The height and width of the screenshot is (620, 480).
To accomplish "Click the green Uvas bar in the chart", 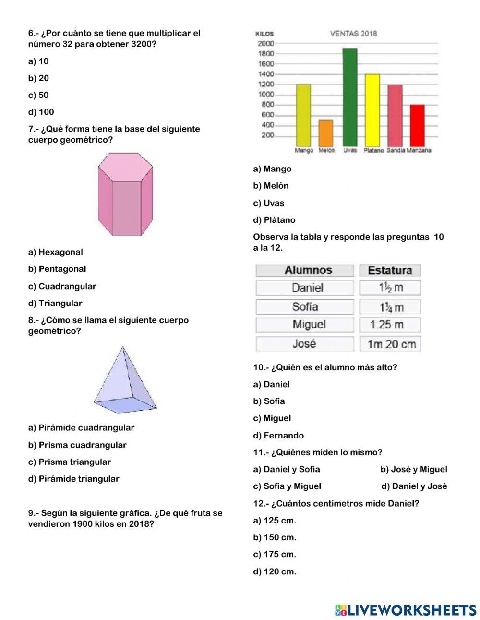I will pos(349,97).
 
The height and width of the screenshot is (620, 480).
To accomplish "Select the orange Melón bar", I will pos(326,133).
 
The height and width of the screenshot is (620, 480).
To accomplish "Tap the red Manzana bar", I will pos(417,125).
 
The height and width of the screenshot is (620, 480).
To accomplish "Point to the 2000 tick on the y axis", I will pos(265,44).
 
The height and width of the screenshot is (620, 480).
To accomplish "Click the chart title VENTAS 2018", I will pos(353,34).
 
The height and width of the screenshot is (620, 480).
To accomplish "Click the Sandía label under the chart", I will pos(396,150).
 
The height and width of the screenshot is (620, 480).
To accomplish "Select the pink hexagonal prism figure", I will pos(125,195).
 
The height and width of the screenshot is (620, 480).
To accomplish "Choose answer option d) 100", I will pos(41,112).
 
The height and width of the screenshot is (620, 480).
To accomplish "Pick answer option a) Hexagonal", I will pos(56,252).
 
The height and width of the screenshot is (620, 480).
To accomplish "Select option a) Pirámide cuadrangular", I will pos(81,428).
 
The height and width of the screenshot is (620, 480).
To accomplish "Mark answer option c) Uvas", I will pos(269,203).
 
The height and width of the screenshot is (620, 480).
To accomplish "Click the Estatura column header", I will pos(390,270).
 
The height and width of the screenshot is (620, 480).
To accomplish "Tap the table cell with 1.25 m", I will pos(387,325).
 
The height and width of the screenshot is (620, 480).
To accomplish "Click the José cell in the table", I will pos(304,344).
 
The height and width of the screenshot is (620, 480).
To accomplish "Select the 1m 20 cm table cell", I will pos(391,344).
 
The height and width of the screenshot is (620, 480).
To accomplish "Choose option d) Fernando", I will pos(278,436).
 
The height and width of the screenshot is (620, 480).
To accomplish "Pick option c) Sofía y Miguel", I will pos(287,486).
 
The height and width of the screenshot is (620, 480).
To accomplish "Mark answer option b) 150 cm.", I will pos(275,537).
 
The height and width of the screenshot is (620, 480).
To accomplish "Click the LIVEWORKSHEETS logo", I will pos(406,610).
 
